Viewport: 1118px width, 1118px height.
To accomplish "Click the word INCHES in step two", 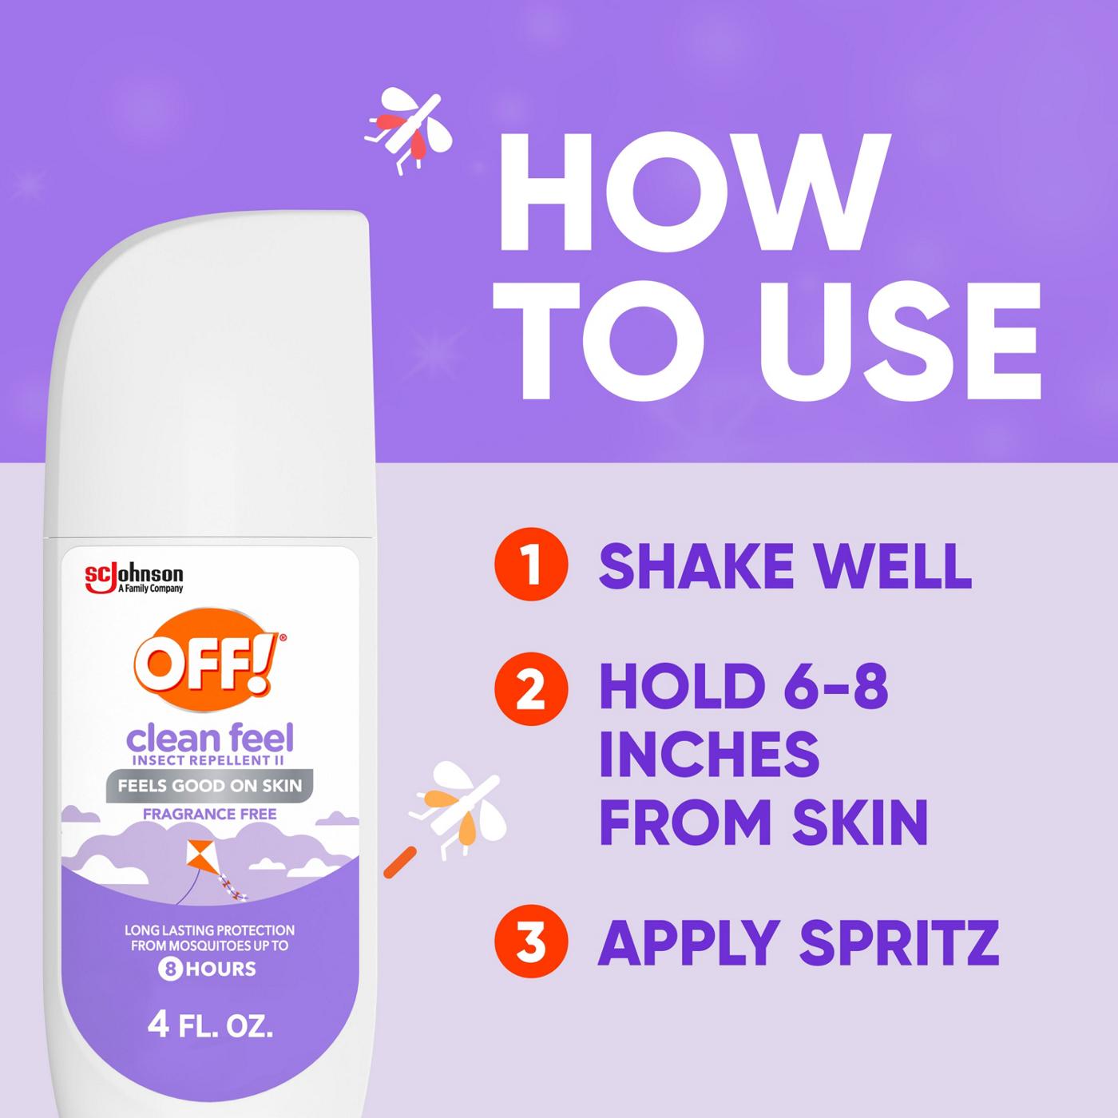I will (x=709, y=753).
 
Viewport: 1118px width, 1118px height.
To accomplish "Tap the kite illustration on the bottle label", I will (x=201, y=862).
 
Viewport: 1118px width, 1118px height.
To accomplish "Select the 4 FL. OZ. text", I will (x=211, y=1025).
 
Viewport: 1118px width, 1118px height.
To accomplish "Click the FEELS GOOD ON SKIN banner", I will (x=209, y=785).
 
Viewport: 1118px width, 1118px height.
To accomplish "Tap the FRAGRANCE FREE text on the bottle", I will (x=209, y=815).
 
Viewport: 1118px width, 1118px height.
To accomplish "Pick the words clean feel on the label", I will (x=210, y=737).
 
